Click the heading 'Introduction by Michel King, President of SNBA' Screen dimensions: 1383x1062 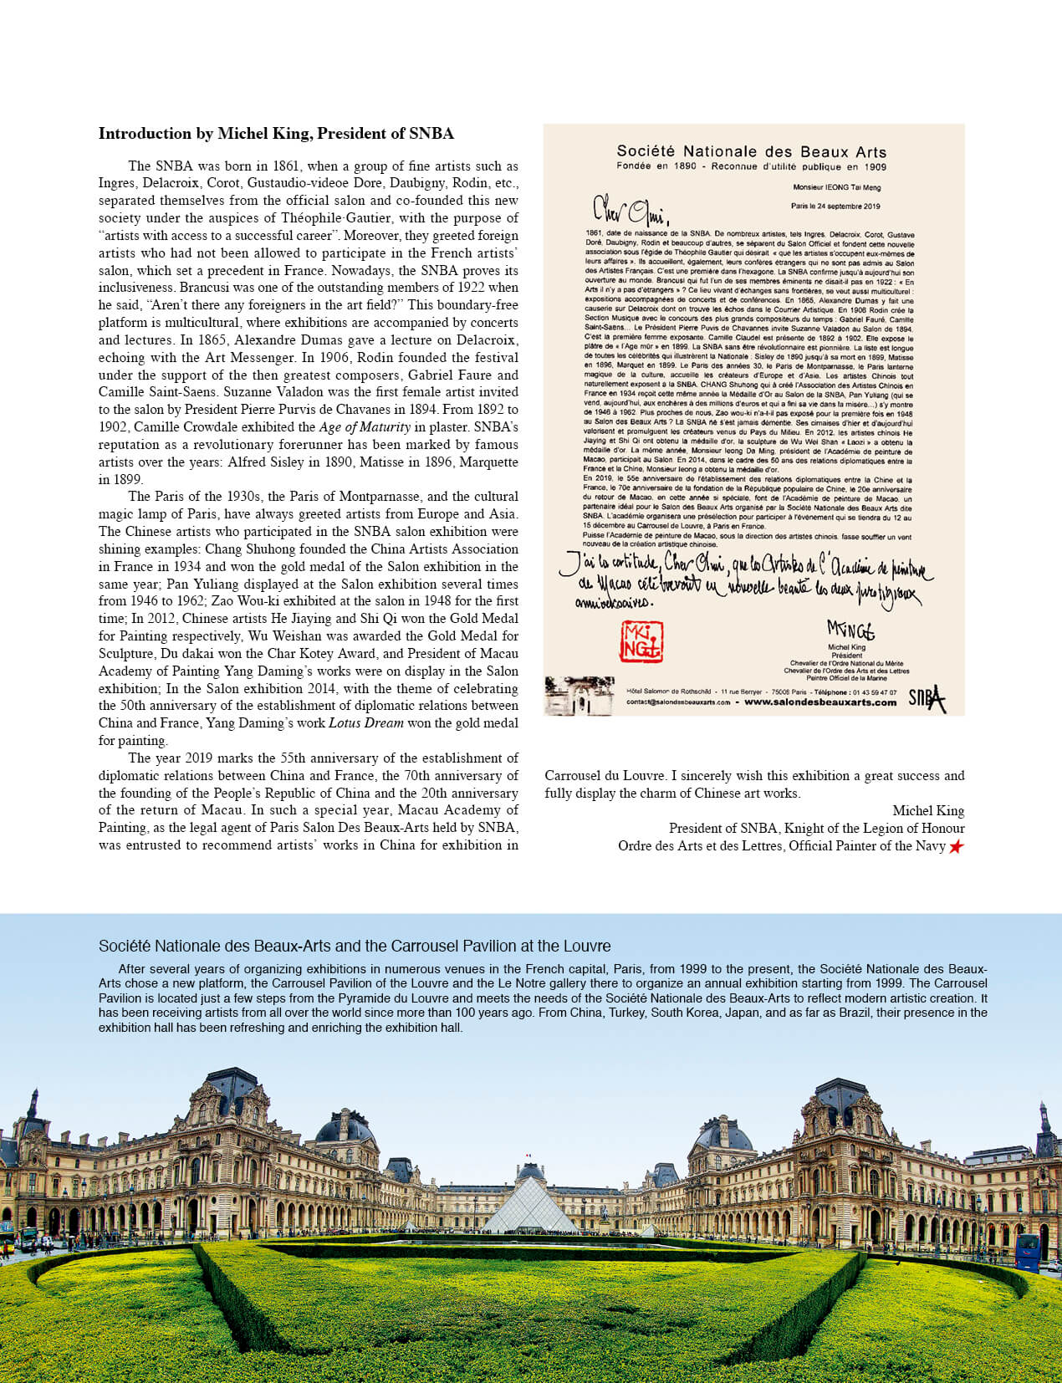tap(276, 134)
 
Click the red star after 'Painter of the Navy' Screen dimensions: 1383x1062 tap(956, 846)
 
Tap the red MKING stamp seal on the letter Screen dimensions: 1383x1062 tap(641, 641)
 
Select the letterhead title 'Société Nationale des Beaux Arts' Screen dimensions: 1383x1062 tap(751, 151)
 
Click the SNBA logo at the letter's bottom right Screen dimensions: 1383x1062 tap(927, 698)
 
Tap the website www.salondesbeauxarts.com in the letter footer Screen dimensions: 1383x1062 tap(819, 702)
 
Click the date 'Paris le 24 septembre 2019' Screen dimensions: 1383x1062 tap(835, 206)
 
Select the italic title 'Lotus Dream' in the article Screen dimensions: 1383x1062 tap(366, 723)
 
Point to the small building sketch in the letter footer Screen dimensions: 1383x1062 tap(579, 696)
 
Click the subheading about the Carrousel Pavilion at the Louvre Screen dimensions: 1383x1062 tap(355, 946)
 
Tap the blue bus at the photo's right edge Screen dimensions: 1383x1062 tap(1027, 1253)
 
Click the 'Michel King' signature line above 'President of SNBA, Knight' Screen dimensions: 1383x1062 tap(928, 810)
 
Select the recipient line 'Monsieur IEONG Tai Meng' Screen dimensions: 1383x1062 tap(836, 187)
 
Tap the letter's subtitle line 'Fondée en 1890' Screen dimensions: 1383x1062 tap(751, 167)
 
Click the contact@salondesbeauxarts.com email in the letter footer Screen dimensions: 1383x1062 tap(678, 702)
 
